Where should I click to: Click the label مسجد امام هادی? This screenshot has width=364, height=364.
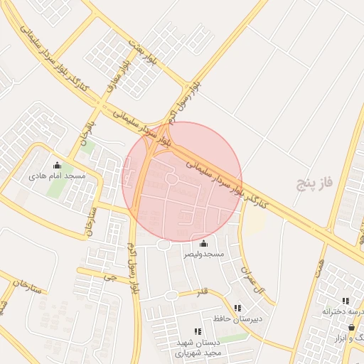[x=57, y=175]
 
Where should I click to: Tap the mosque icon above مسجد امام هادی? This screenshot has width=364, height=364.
[x=57, y=166]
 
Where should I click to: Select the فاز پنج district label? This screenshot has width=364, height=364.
[x=316, y=185]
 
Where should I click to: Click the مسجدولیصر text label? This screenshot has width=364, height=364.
[x=204, y=254]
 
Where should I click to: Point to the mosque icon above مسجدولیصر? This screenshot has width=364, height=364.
[x=204, y=244]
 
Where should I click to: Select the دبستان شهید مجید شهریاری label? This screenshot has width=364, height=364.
[x=198, y=347]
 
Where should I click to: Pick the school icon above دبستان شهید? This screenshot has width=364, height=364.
[x=198, y=331]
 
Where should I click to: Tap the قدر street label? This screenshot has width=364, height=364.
[x=203, y=291]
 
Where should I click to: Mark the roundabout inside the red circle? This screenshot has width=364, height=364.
[x=171, y=179]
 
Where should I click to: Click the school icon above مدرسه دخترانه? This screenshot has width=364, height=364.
[x=346, y=301]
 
